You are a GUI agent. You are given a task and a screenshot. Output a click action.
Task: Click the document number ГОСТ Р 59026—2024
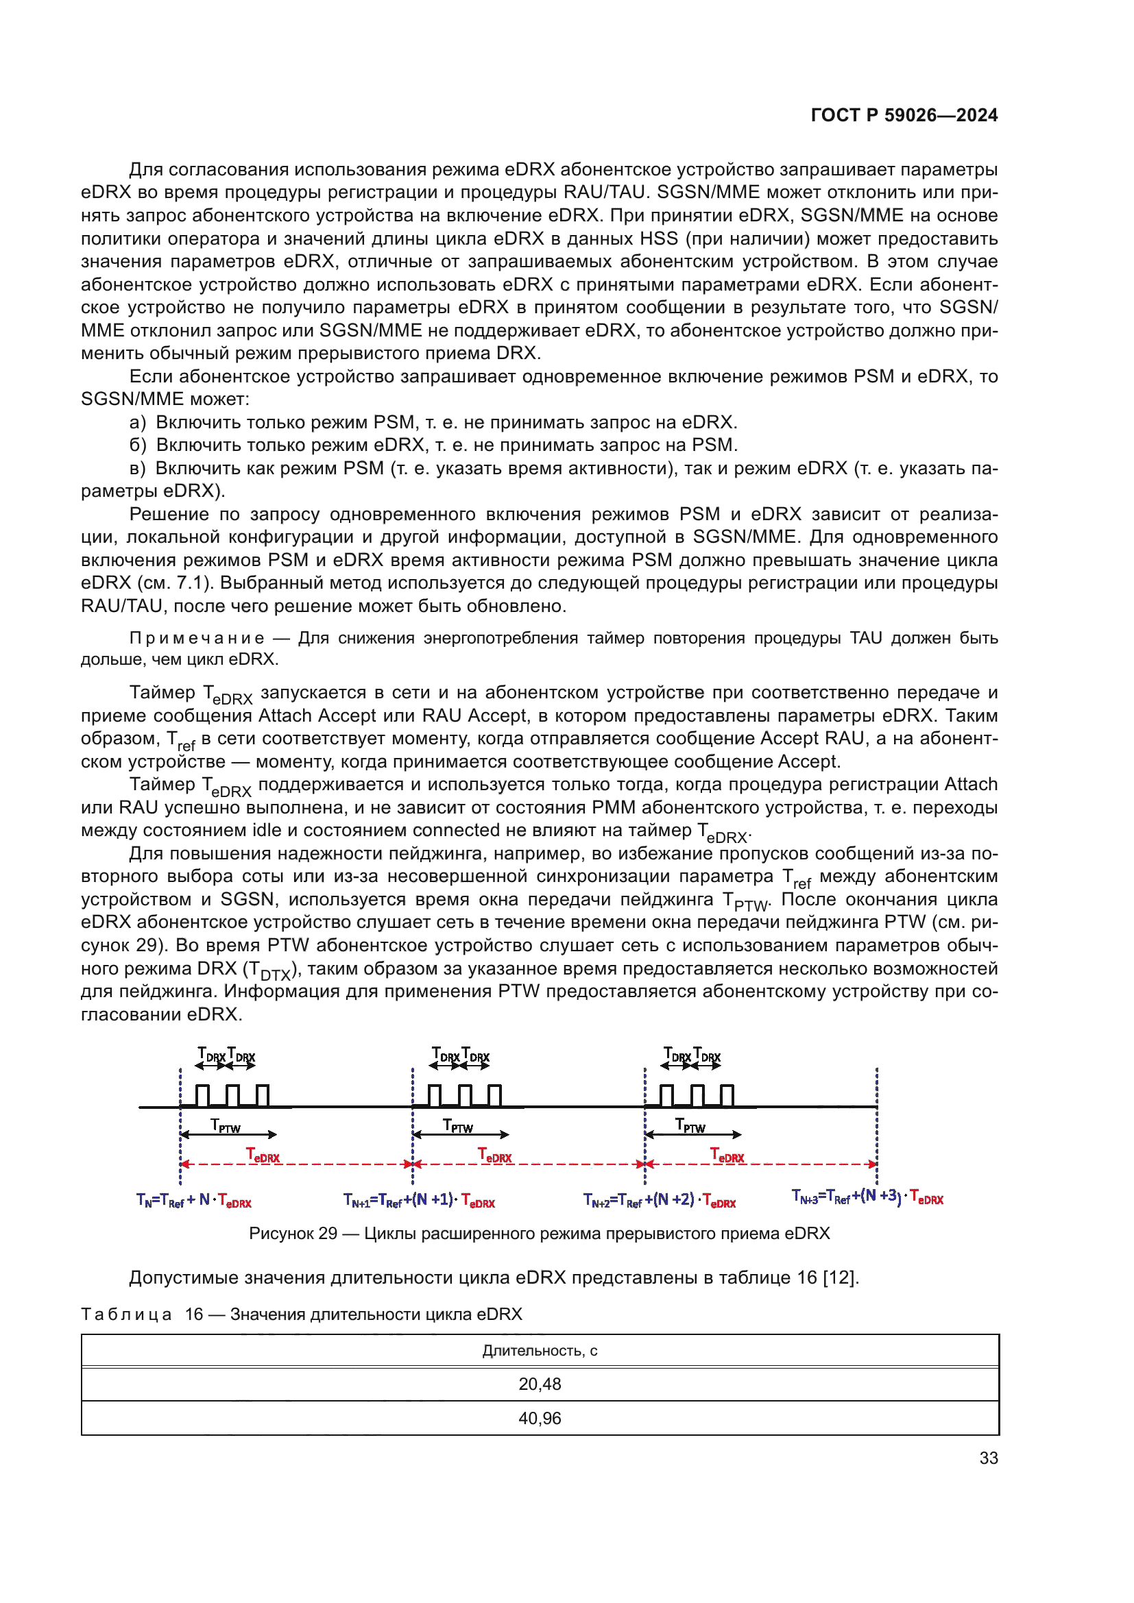pyautogui.click(x=904, y=115)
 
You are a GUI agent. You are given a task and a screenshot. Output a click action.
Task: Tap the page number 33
pyautogui.click(x=988, y=1458)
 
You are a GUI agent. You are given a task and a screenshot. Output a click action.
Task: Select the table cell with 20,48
pyautogui.click(x=539, y=1384)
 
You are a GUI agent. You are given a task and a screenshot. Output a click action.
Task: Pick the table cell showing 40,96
pyautogui.click(x=539, y=1418)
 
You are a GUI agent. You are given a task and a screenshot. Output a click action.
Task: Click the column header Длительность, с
pyautogui.click(x=539, y=1350)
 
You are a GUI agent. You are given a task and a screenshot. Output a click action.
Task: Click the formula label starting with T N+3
pyautogui.click(x=867, y=1197)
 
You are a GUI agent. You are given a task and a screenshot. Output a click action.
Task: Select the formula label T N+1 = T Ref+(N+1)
pyautogui.click(x=419, y=1200)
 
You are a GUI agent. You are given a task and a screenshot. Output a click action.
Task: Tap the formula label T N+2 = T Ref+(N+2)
pyautogui.click(x=659, y=1200)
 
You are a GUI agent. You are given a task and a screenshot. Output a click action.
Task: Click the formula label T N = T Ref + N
pyautogui.click(x=193, y=1200)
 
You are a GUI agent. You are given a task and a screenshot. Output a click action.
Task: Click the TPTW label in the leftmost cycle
pyautogui.click(x=226, y=1125)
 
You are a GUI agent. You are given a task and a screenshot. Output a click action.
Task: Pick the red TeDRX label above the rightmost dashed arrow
pyautogui.click(x=727, y=1155)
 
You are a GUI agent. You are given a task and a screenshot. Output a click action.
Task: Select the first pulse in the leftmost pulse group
pyautogui.click(x=202, y=1095)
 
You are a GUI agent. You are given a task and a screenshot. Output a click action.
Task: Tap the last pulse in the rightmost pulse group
pyautogui.click(x=727, y=1095)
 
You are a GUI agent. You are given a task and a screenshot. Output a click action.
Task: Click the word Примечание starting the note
pyautogui.click(x=197, y=638)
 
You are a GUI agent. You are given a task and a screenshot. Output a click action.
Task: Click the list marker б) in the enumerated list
pyautogui.click(x=138, y=445)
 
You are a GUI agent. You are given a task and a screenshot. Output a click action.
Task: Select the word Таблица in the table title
pyautogui.click(x=126, y=1314)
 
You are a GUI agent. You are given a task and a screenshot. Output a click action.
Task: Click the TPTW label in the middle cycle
pyautogui.click(x=458, y=1125)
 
